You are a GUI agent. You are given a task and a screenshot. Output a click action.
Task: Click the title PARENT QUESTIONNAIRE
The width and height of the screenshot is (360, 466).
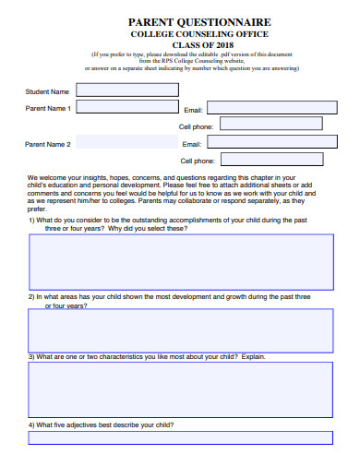[x=198, y=20]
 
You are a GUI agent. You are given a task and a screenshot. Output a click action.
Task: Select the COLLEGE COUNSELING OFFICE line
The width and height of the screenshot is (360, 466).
[x=198, y=33]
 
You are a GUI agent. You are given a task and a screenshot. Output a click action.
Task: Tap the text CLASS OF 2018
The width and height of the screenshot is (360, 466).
[x=198, y=44]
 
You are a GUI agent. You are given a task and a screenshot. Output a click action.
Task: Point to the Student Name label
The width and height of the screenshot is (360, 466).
[x=47, y=91]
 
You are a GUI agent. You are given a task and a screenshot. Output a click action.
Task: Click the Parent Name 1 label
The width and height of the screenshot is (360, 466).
[x=49, y=108]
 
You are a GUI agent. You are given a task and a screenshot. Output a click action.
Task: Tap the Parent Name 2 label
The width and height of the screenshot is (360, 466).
[x=49, y=144]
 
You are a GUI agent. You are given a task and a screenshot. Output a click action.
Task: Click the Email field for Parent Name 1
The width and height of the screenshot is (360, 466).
[x=268, y=108]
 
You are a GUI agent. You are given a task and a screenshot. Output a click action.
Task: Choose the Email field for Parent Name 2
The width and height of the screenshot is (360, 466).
[x=268, y=143]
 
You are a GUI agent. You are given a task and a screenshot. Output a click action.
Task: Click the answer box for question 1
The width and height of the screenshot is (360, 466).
[x=180, y=262]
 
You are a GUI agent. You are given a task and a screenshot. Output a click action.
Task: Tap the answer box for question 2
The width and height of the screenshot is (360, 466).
[x=180, y=330]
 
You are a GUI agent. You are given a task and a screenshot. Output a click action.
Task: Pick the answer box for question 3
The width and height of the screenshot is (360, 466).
[x=180, y=388]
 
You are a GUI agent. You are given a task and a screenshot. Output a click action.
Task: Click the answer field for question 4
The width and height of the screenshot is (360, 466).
[x=180, y=438]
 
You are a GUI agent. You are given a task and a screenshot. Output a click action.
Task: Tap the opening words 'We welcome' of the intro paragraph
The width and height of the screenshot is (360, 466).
[x=44, y=177]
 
